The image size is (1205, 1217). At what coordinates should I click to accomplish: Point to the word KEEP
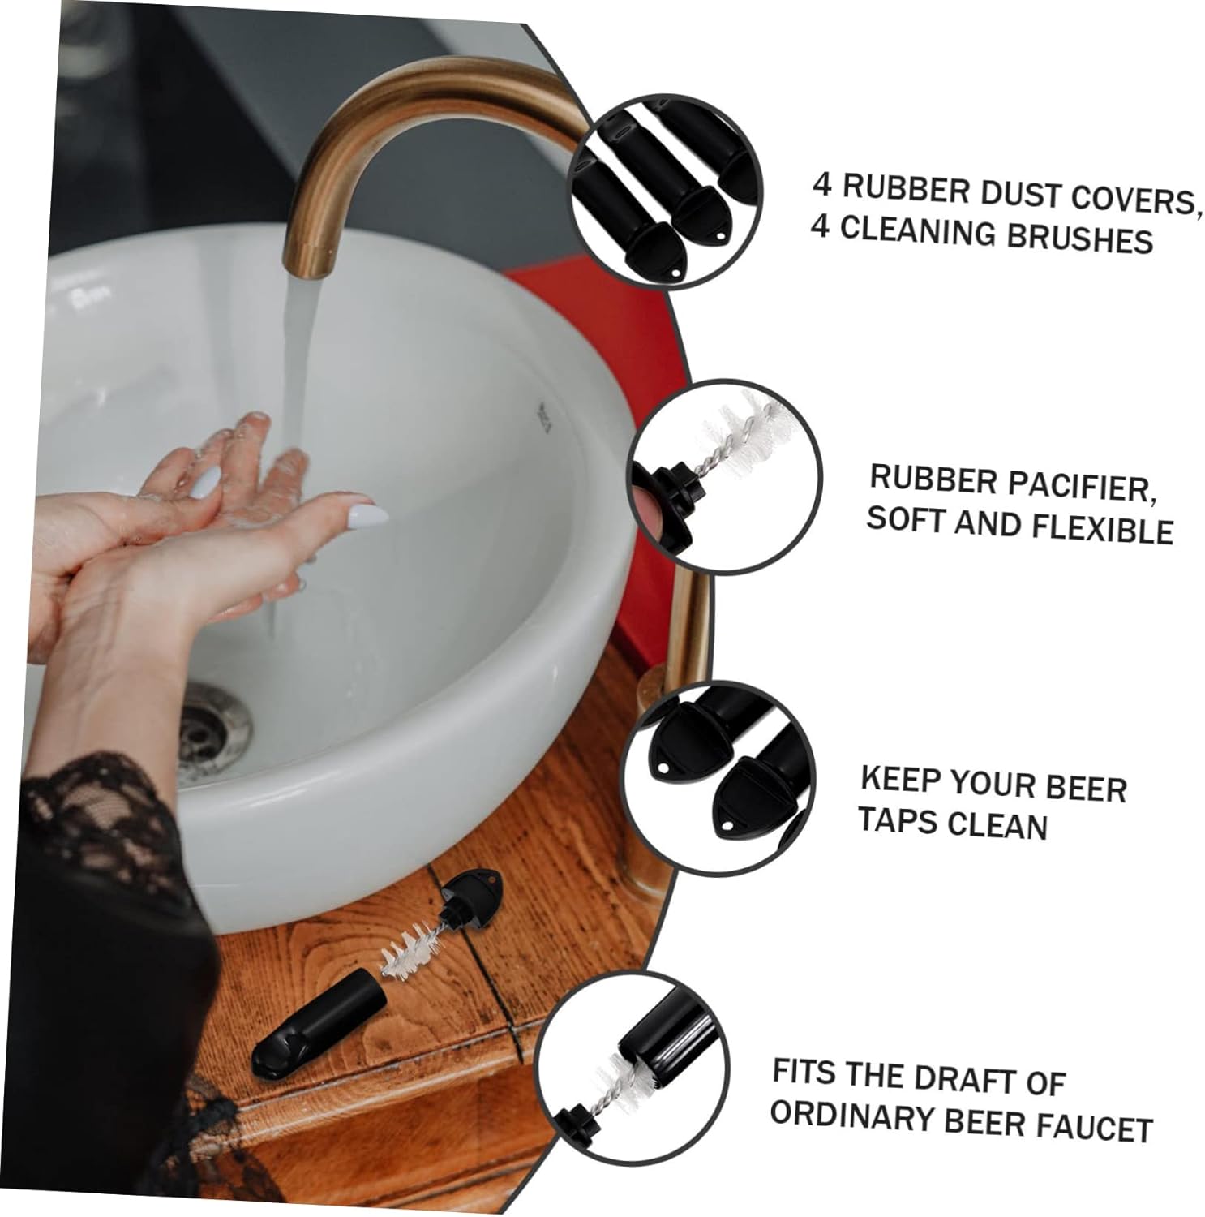[901, 780]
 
